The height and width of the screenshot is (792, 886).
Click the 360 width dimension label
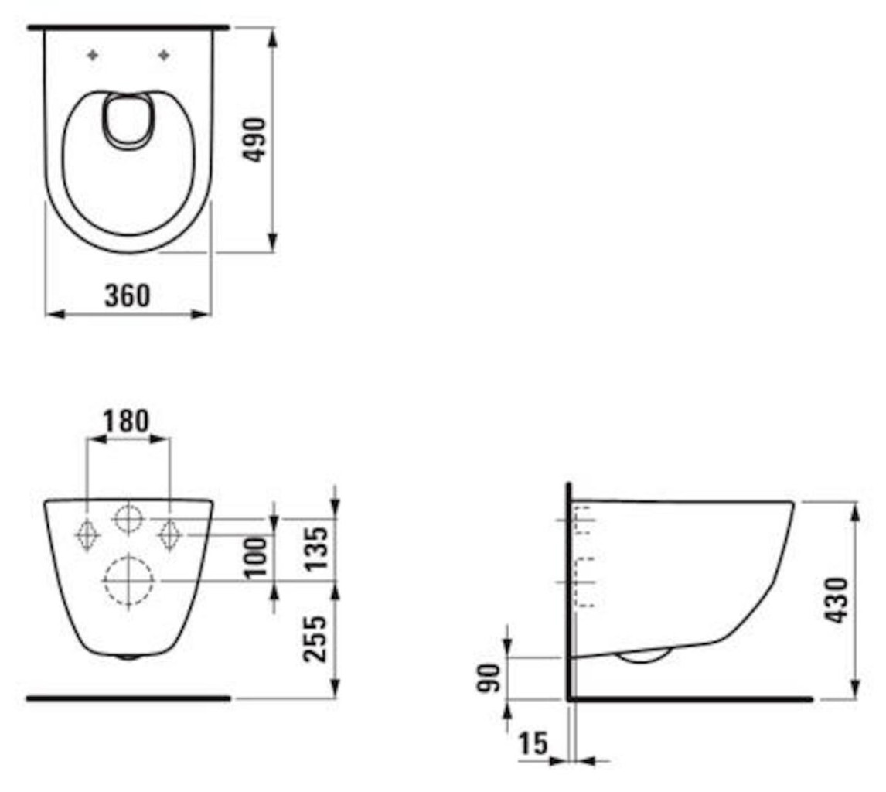(x=128, y=295)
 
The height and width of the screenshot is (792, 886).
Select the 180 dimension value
(x=125, y=421)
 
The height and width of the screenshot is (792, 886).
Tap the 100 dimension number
(x=257, y=557)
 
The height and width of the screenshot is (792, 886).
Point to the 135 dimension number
(x=315, y=549)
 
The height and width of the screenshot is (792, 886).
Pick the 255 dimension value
(x=315, y=639)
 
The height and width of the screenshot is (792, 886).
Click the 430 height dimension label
(x=837, y=599)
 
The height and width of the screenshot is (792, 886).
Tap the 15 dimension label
(x=533, y=743)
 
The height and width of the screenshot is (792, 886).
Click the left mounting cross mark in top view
(x=94, y=55)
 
